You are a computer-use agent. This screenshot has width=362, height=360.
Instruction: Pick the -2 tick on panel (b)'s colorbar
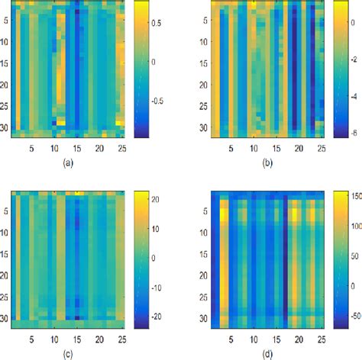(x=351, y=61)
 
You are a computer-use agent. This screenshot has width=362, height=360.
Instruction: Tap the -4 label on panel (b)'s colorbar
(x=351, y=98)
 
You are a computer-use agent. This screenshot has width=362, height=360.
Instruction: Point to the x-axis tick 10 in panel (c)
(x=53, y=334)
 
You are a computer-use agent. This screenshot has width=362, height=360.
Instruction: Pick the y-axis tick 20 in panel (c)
(x=8, y=276)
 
